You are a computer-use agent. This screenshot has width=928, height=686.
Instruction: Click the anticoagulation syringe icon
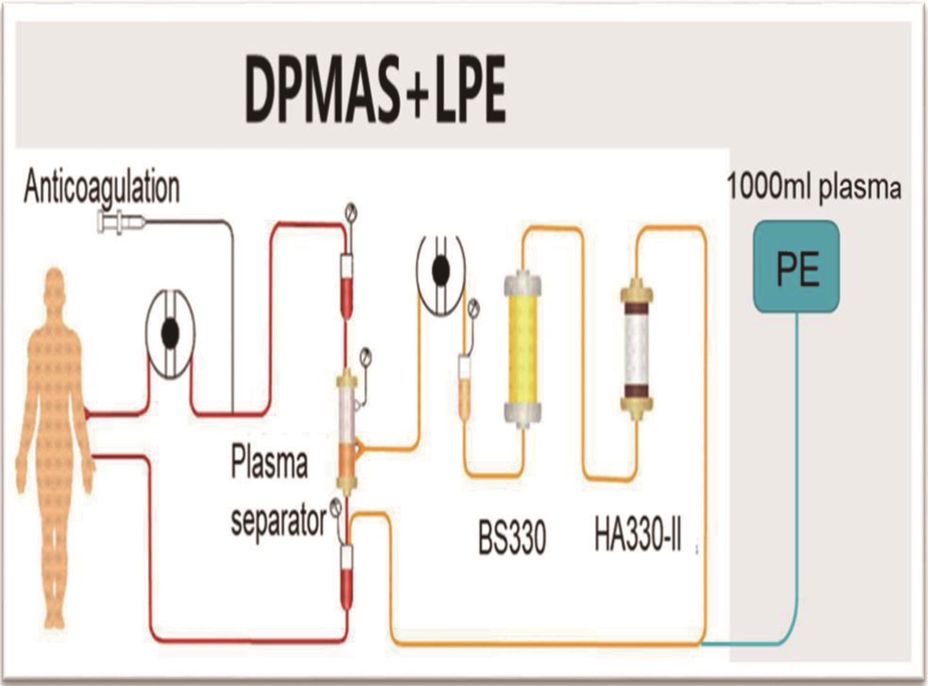pos(121,222)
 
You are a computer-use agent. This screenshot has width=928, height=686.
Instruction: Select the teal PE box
pos(797,267)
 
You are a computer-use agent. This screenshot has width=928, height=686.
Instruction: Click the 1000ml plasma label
pos(814,187)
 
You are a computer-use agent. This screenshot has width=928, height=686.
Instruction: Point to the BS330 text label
pos(512,537)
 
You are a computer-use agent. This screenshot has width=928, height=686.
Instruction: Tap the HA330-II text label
pos(637,535)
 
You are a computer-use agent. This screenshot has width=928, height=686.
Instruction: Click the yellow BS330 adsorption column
pos(523,348)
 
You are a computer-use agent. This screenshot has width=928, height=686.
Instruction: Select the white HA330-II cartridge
pos(637,349)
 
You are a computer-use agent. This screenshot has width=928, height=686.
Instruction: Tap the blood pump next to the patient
pos(170,334)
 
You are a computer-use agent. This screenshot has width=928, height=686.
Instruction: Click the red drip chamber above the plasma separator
pos(346,285)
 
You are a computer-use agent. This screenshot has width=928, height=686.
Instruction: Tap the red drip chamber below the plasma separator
pos(346,576)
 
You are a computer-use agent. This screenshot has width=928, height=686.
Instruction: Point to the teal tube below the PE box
pos(797,471)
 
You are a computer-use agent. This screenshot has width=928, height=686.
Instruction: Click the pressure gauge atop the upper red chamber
pos(350,213)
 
